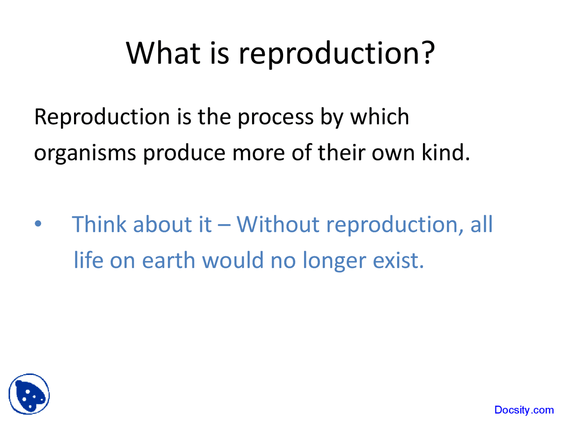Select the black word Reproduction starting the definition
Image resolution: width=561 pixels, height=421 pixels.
pyautogui.click(x=102, y=117)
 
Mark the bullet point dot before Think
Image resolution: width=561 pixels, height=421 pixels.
pyautogui.click(x=39, y=224)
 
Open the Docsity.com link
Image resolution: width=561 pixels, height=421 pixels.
pyautogui.click(x=524, y=410)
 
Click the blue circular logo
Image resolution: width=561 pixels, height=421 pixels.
pyautogui.click(x=29, y=394)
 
